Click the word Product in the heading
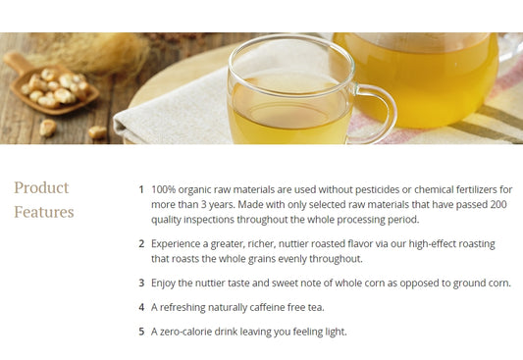(x=41, y=187)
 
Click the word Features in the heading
(x=44, y=212)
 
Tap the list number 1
(x=141, y=189)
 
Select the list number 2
(x=141, y=243)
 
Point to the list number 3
(x=141, y=283)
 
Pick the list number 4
(x=141, y=307)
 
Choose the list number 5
(x=141, y=332)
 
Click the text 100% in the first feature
(x=164, y=189)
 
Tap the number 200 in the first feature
(x=498, y=204)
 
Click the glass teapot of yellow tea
(x=421, y=80)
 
